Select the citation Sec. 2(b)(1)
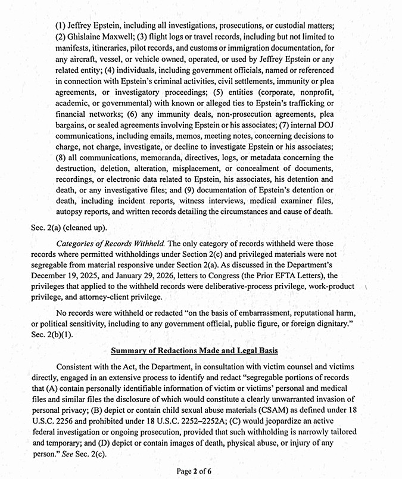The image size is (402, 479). pyautogui.click(x=51, y=335)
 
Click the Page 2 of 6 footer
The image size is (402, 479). pyautogui.click(x=194, y=471)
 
